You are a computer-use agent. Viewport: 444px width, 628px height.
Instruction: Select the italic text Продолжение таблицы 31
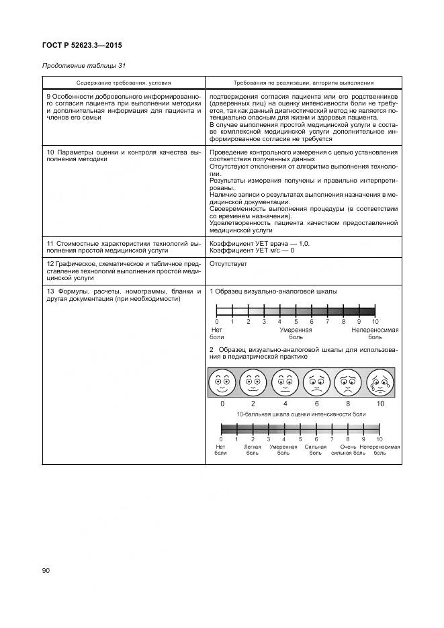(x=83, y=66)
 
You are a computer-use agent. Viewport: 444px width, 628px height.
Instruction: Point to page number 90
(x=46, y=571)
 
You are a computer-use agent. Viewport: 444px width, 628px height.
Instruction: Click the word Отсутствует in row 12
(x=228, y=264)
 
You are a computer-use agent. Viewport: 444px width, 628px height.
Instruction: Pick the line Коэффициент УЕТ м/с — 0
(x=252, y=250)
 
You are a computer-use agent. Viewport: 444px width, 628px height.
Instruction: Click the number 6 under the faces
(x=316, y=404)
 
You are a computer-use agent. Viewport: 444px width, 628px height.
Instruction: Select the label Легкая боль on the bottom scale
(x=252, y=449)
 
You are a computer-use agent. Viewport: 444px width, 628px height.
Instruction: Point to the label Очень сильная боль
(x=348, y=449)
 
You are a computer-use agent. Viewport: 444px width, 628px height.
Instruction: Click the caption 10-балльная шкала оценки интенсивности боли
(x=301, y=415)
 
